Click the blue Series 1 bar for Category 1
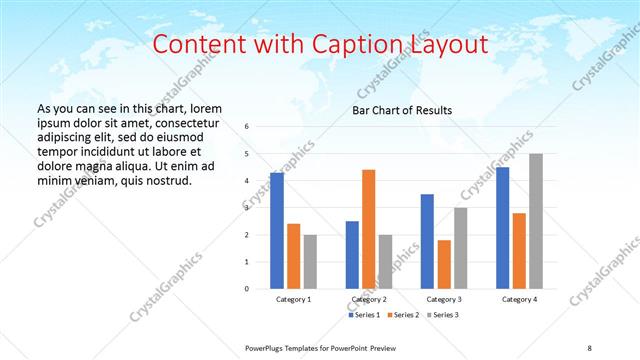(277, 231)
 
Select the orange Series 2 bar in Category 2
(368, 229)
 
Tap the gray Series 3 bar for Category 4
(536, 221)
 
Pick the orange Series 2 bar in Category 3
(444, 264)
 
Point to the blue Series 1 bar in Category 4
(502, 228)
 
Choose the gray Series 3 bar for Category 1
(310, 262)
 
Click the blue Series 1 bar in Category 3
(427, 241)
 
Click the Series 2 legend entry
(404, 315)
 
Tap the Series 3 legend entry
(443, 315)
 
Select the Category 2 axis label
(369, 299)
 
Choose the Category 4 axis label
(519, 299)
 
